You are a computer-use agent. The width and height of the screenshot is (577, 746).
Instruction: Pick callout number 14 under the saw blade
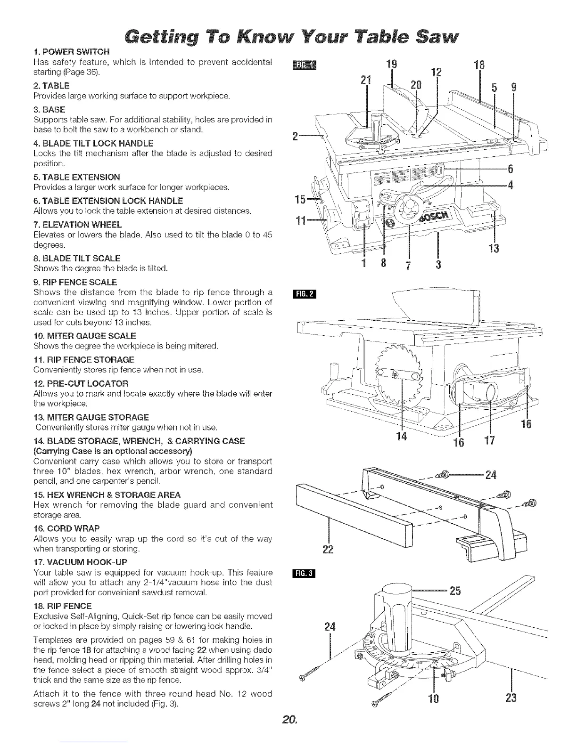402,437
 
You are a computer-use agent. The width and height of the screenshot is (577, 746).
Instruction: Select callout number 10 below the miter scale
433,697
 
